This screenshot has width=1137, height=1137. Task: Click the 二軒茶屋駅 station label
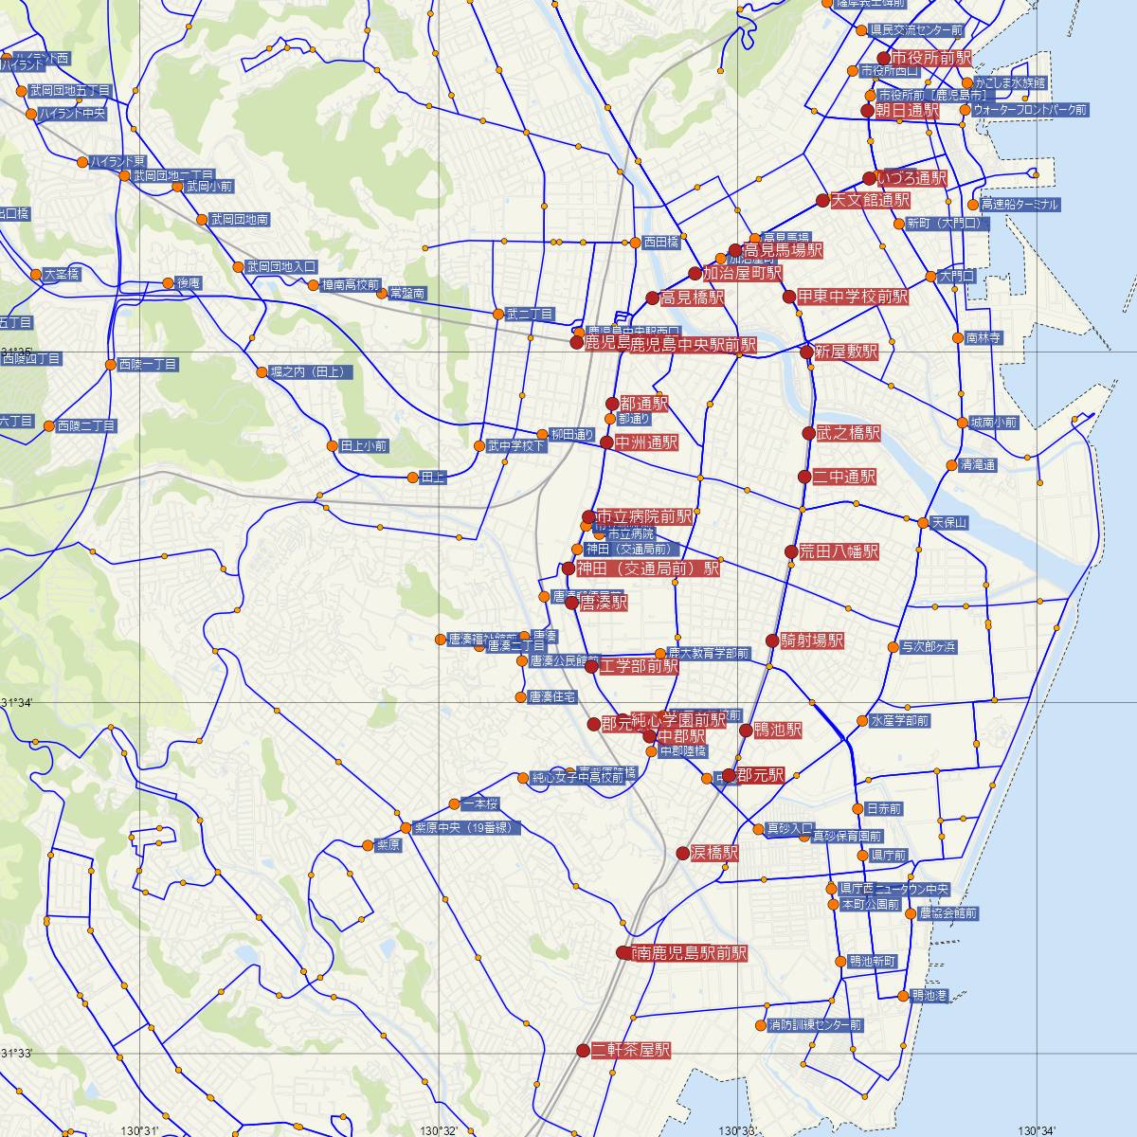point(630,1050)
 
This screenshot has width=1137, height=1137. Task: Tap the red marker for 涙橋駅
point(683,853)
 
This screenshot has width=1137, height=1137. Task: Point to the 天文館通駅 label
point(870,201)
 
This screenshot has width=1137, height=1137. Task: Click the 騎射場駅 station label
point(811,641)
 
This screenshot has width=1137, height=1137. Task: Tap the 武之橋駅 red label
point(848,434)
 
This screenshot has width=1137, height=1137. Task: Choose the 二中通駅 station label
point(844,477)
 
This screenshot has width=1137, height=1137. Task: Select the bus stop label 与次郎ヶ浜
point(929,647)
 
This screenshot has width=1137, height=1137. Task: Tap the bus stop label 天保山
point(948,523)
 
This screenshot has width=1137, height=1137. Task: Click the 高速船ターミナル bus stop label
point(1020,205)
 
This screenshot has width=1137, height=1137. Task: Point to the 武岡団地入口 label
point(280,267)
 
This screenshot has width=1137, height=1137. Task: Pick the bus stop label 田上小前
point(363,445)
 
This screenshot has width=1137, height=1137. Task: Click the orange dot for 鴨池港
point(902,996)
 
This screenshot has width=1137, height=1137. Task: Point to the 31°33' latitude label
point(16,1054)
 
